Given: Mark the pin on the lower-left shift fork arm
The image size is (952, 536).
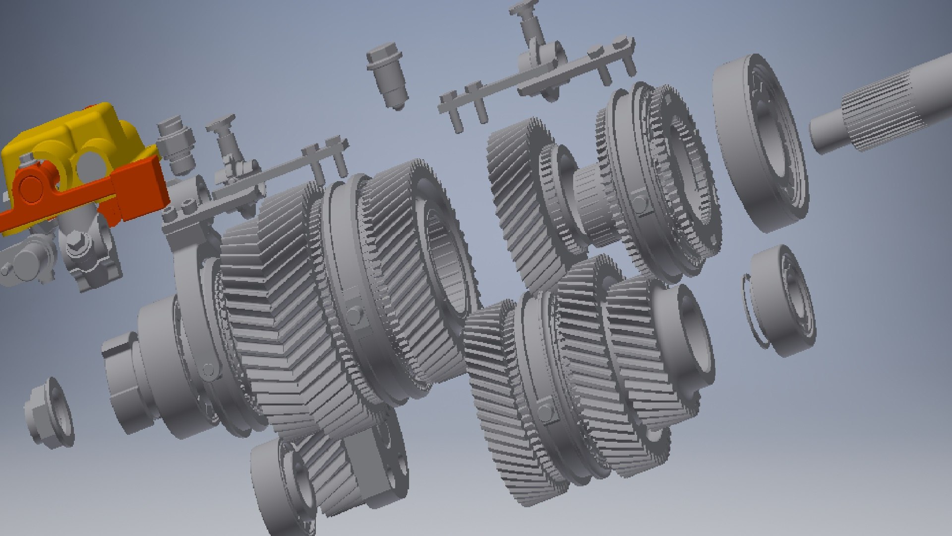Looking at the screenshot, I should (209, 370).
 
